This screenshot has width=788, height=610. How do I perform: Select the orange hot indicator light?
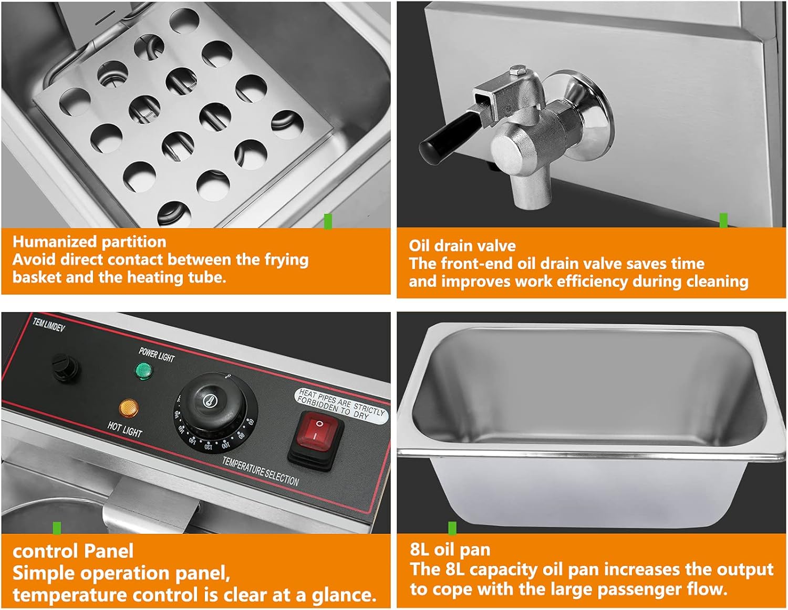coord(129,407)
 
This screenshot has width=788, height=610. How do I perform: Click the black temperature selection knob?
coord(215,402)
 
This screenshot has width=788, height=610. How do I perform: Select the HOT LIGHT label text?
coord(125,429)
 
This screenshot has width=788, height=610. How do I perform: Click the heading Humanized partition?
coord(89,242)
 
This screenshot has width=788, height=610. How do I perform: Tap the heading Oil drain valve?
coord(462,246)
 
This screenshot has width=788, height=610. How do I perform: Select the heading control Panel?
coord(73,551)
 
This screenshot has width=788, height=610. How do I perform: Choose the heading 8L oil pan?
coord(450,550)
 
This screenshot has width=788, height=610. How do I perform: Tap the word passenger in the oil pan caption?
coord(638,589)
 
